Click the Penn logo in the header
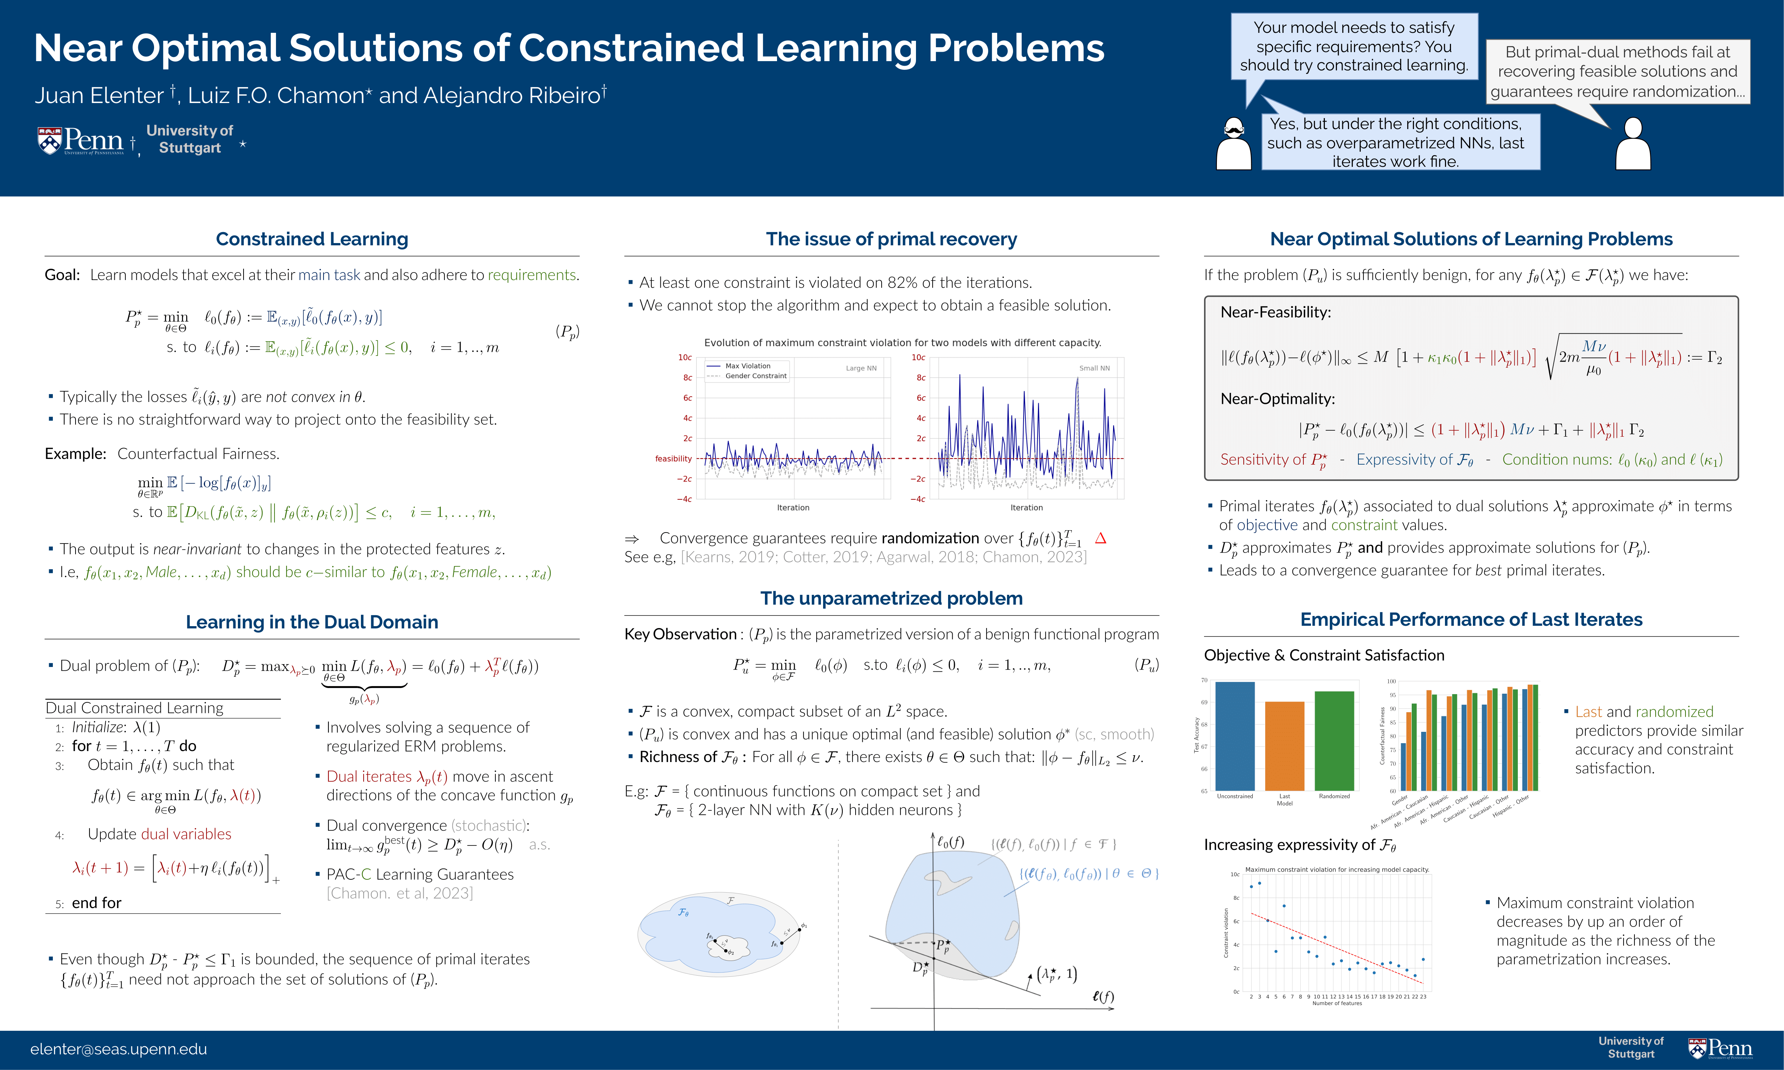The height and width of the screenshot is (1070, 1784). click(x=81, y=141)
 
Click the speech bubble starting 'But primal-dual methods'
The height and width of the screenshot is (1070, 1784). click(x=1617, y=71)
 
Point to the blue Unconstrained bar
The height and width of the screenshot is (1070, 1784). click(x=1235, y=736)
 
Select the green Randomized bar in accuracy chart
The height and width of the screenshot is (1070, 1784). click(x=1334, y=741)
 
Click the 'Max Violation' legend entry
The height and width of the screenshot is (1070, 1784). click(x=747, y=366)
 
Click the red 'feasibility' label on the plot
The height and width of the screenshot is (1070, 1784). click(x=673, y=459)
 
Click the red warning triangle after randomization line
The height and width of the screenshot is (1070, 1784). click(x=1100, y=538)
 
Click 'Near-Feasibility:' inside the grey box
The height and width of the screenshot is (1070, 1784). click(x=1275, y=312)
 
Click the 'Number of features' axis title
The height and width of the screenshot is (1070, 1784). click(x=1337, y=1003)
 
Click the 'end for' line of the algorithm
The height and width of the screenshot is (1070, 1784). click(x=97, y=903)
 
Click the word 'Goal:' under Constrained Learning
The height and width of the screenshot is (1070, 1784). click(x=62, y=275)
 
